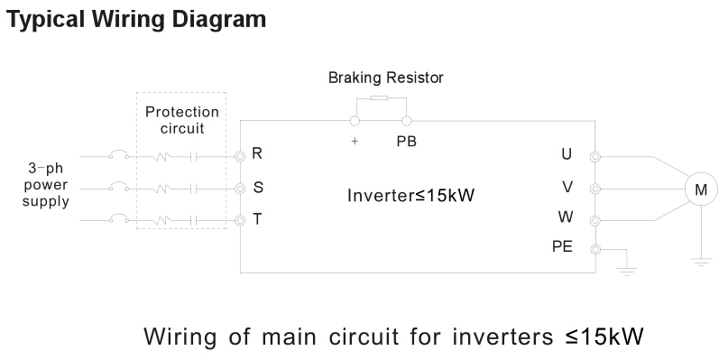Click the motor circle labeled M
tap(700, 189)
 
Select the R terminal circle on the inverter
tap(240, 156)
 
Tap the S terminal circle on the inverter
tap(240, 189)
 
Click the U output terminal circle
tap(594, 156)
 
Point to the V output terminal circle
tap(594, 189)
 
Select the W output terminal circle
tap(594, 219)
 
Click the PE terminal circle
tap(594, 249)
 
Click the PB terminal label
tap(406, 141)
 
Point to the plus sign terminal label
tap(355, 142)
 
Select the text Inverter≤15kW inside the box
tap(410, 195)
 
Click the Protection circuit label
tap(182, 120)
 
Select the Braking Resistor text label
tap(385, 78)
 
